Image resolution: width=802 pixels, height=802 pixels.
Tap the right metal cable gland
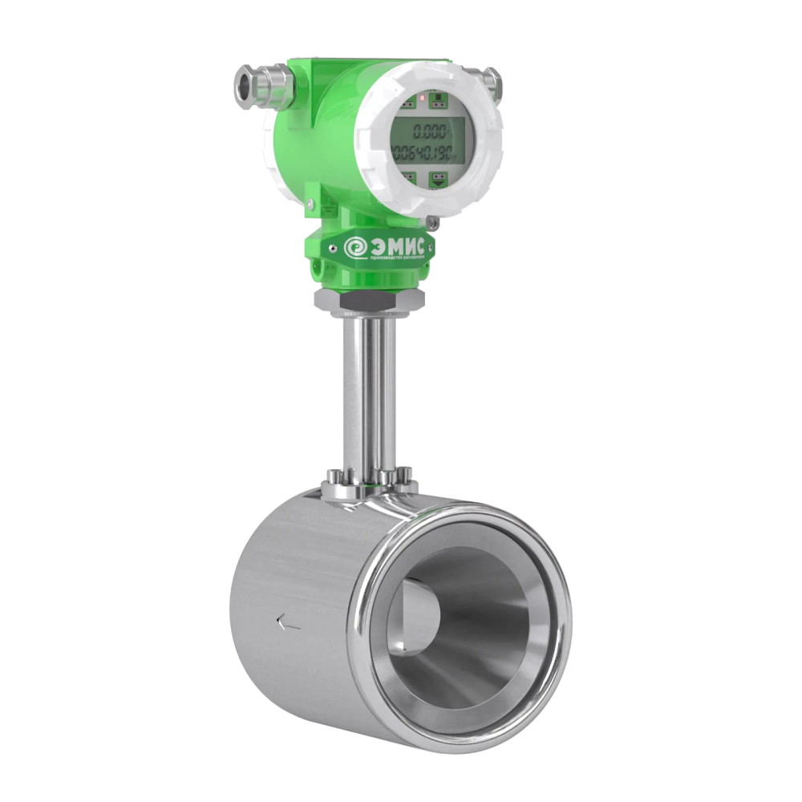click(x=490, y=79)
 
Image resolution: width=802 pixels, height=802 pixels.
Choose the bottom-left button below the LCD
click(x=408, y=176)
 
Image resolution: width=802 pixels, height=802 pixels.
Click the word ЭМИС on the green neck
click(x=397, y=244)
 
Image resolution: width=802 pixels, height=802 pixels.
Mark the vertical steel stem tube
click(x=367, y=393)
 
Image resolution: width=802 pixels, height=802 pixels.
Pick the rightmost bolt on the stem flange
click(x=407, y=482)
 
